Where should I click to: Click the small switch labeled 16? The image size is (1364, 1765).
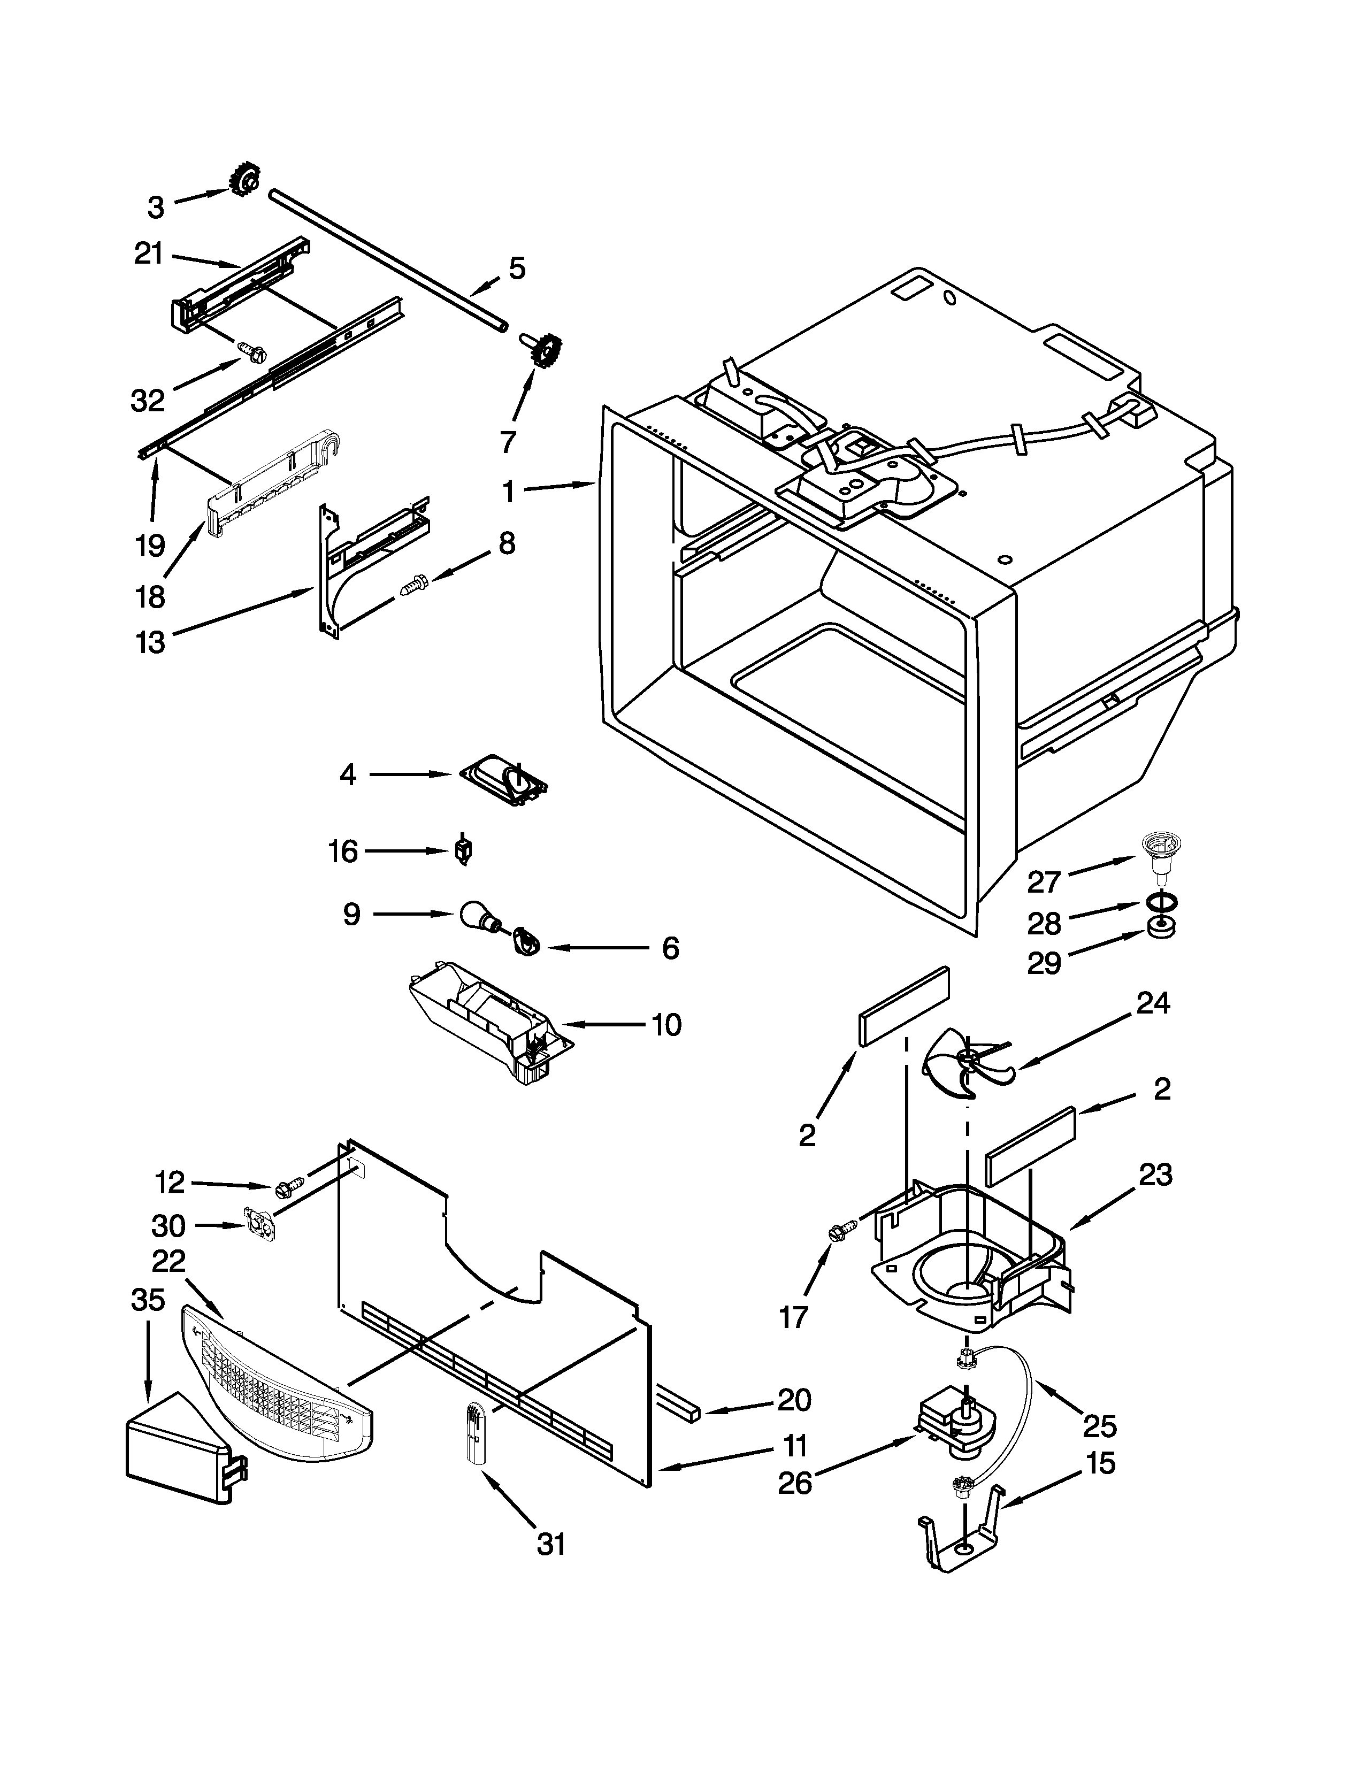pyautogui.click(x=464, y=851)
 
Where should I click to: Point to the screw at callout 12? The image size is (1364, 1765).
pyautogui.click(x=288, y=1188)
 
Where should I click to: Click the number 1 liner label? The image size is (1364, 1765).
pyautogui.click(x=508, y=490)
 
